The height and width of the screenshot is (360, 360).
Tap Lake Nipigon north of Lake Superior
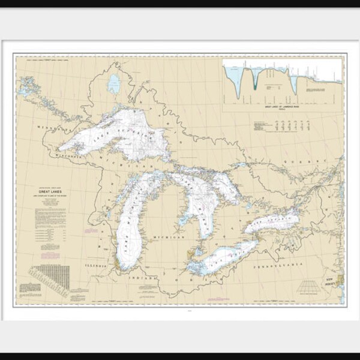113,84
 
